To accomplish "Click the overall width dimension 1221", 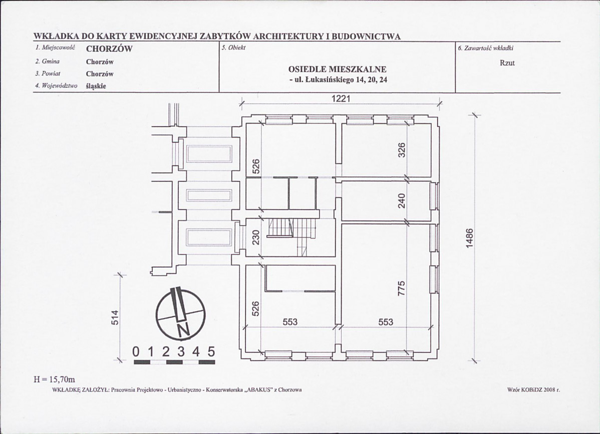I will click(x=340, y=99).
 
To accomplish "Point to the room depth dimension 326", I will click(x=401, y=150).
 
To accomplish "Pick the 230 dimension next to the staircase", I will click(x=255, y=237).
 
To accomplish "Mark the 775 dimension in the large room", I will click(x=401, y=288).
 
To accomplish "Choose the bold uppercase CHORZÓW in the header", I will click(x=109, y=49).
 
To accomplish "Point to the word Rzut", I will click(x=507, y=63).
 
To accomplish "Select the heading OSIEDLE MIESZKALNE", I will click(x=337, y=69).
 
